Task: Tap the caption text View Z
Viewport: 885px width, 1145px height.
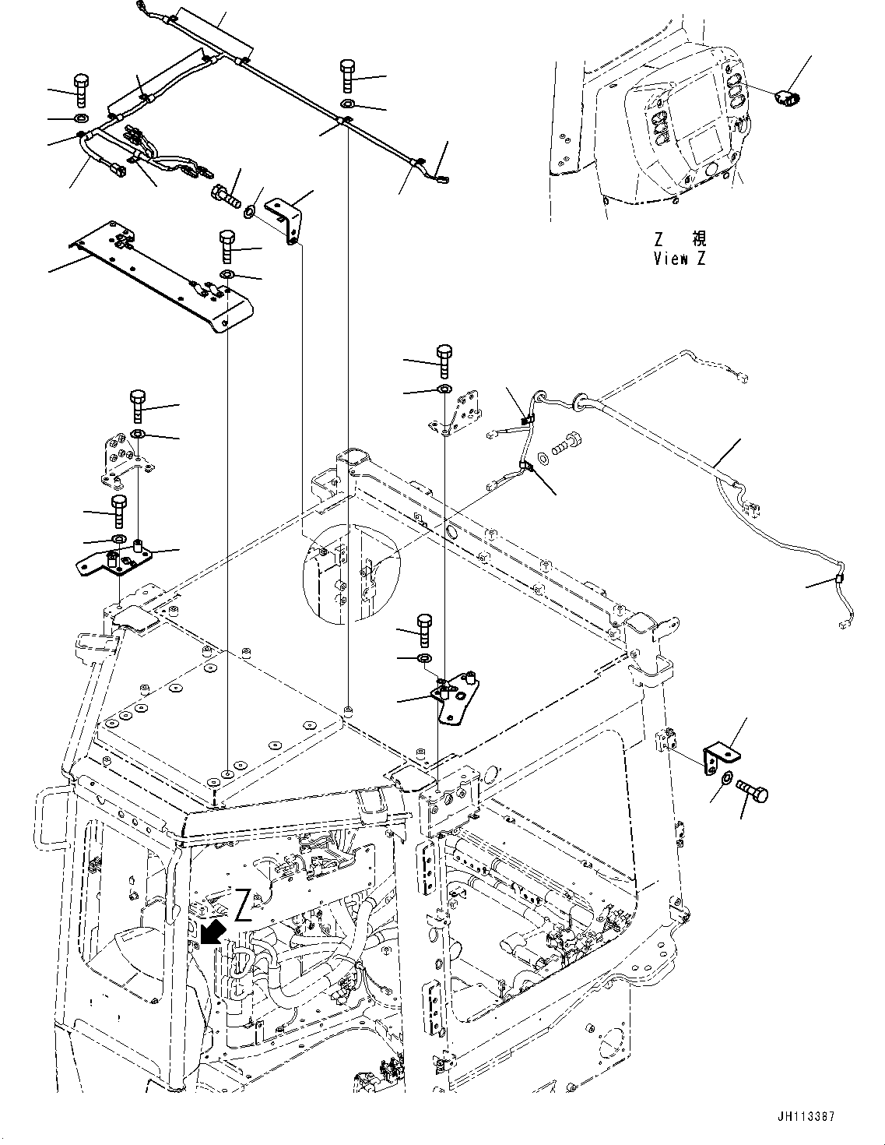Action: [680, 259]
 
